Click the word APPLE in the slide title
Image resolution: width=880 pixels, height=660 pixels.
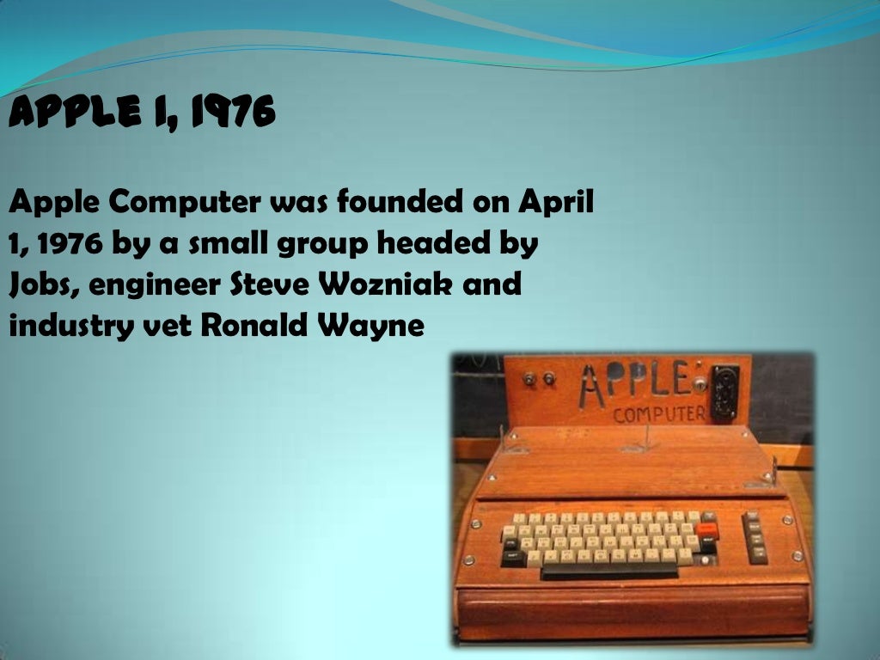pyautogui.click(x=64, y=113)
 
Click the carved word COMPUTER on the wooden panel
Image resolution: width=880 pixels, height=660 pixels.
pyautogui.click(x=659, y=414)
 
